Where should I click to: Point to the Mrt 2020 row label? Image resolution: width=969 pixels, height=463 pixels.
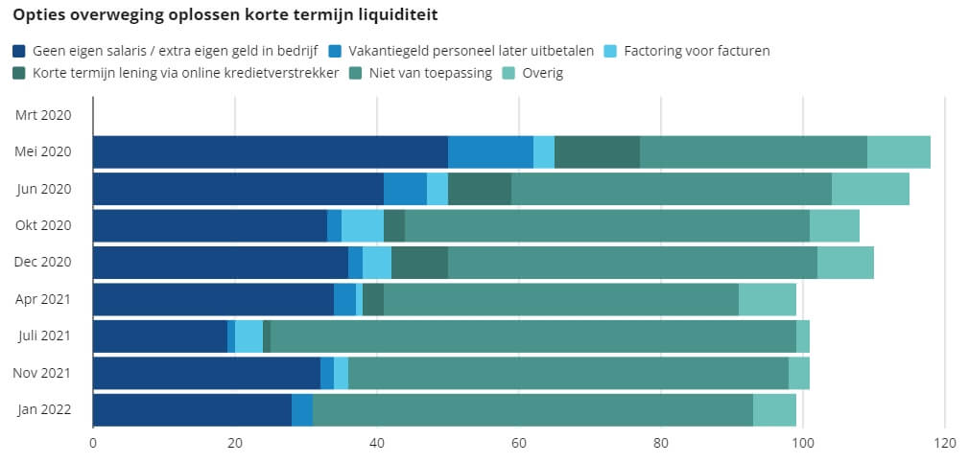[44, 115]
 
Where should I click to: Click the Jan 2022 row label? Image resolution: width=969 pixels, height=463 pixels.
[44, 410]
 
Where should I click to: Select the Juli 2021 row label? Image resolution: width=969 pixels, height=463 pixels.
[45, 336]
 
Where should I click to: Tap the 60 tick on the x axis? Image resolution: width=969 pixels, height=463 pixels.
[519, 443]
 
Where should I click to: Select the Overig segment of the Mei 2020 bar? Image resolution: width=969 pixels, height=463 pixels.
[898, 152]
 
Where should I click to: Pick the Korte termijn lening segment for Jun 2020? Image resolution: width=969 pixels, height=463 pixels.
[480, 189]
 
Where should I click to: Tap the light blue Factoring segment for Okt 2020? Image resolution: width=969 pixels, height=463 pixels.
[363, 226]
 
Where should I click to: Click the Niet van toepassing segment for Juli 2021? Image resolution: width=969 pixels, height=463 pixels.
[533, 336]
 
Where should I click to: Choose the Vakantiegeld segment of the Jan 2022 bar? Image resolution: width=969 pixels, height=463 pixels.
[302, 410]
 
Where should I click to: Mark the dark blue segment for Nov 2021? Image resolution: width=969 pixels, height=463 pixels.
[206, 373]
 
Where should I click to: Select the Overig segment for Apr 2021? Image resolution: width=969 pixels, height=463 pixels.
[768, 300]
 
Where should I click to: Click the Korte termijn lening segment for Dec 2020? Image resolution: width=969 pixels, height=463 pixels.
[419, 263]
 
